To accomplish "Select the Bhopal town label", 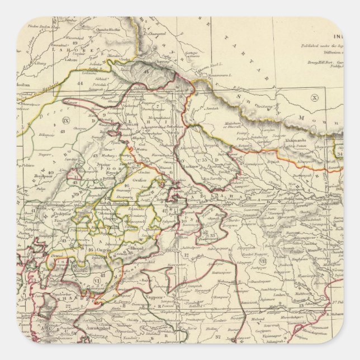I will tap(120, 247).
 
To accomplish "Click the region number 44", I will tap(80, 83).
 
